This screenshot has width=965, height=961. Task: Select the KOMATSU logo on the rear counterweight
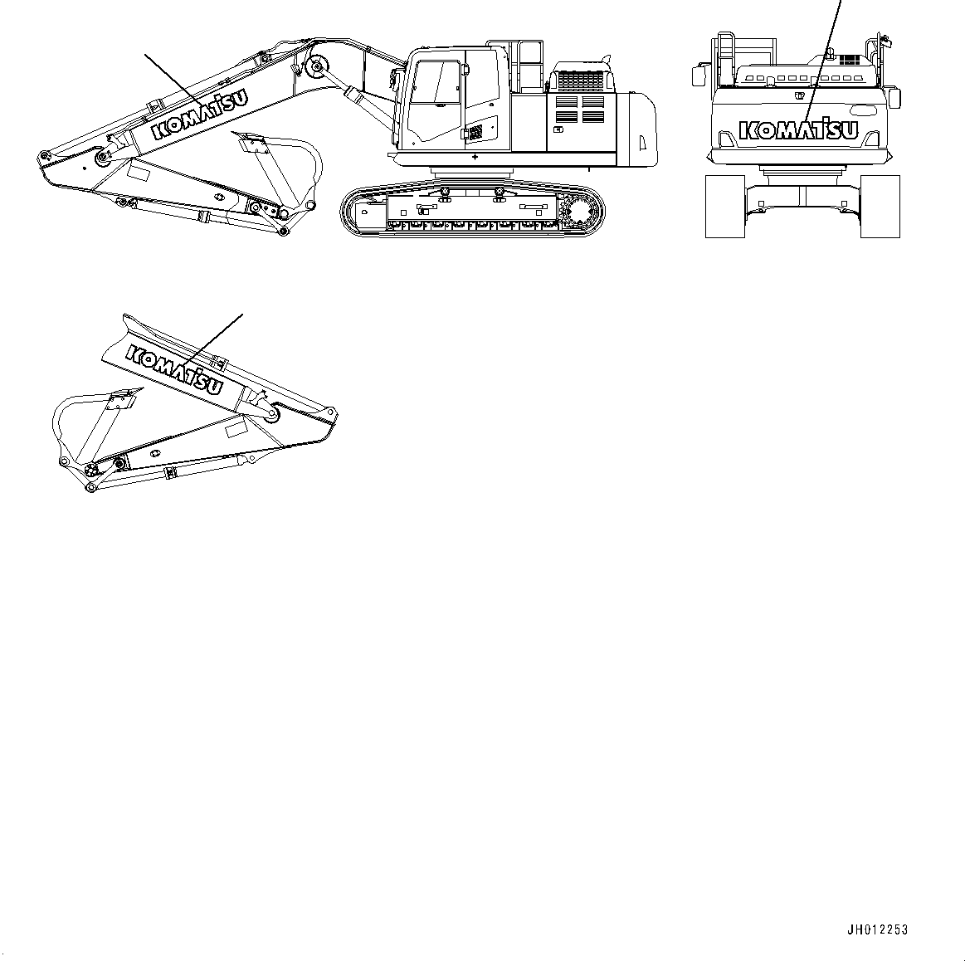[798, 130]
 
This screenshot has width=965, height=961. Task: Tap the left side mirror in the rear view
[698, 76]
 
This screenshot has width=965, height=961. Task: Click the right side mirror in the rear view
[894, 96]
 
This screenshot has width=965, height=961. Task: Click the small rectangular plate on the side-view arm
[138, 173]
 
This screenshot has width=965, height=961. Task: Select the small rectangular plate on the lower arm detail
[236, 427]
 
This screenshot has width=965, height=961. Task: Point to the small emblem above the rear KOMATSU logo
[802, 95]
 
